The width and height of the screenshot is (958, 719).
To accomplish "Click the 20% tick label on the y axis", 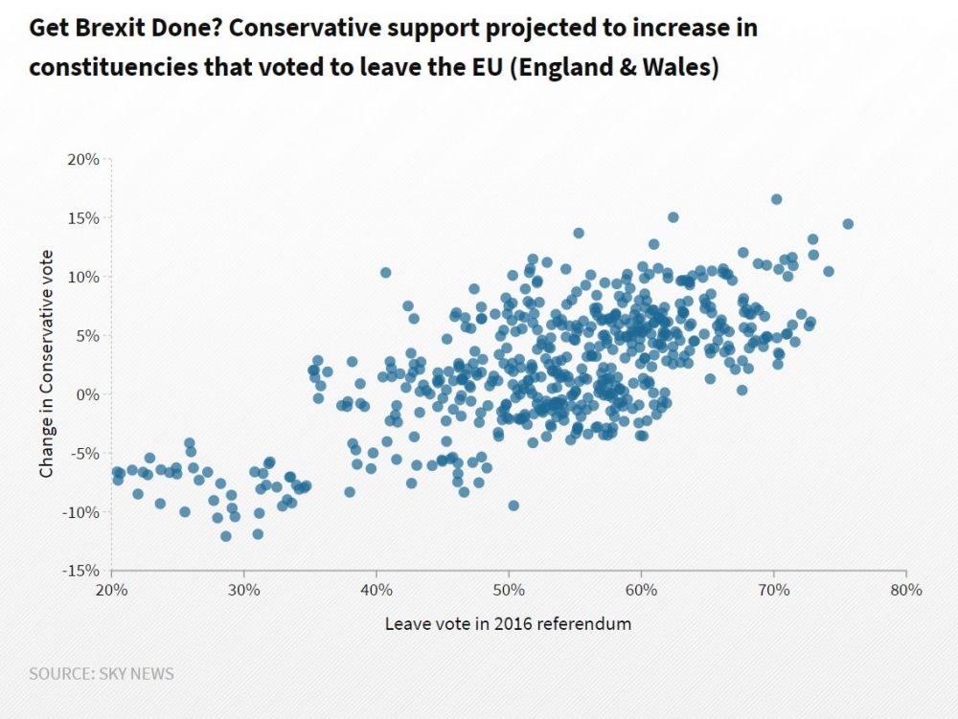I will [x=83, y=159].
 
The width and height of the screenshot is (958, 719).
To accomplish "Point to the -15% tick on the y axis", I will [x=81, y=571].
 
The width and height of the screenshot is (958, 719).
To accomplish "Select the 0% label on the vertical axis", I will [x=89, y=393].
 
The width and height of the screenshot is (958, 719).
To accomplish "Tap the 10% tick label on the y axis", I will [x=83, y=277].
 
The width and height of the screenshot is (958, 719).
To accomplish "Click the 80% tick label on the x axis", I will [x=905, y=590].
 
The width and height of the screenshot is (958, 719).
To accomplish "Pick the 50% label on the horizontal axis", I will [x=509, y=590].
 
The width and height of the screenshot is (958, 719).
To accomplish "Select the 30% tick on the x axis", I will [x=244, y=590].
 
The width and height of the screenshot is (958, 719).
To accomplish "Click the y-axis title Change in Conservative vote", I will [x=46, y=364].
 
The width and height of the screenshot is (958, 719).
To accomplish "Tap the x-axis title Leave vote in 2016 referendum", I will [x=508, y=624].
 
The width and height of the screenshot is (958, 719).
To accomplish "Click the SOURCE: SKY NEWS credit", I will [x=102, y=674].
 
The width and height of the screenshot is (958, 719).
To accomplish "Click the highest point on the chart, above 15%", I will [x=776, y=199].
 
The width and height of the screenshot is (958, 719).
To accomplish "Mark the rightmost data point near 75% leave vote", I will [x=848, y=224].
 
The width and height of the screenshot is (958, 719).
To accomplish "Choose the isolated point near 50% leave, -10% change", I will [x=513, y=506].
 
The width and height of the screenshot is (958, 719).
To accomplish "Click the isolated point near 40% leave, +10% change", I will [x=386, y=273].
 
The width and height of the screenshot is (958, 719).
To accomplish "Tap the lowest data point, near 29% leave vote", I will [x=226, y=536].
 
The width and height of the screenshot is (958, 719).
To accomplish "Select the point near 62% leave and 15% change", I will [x=673, y=217].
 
